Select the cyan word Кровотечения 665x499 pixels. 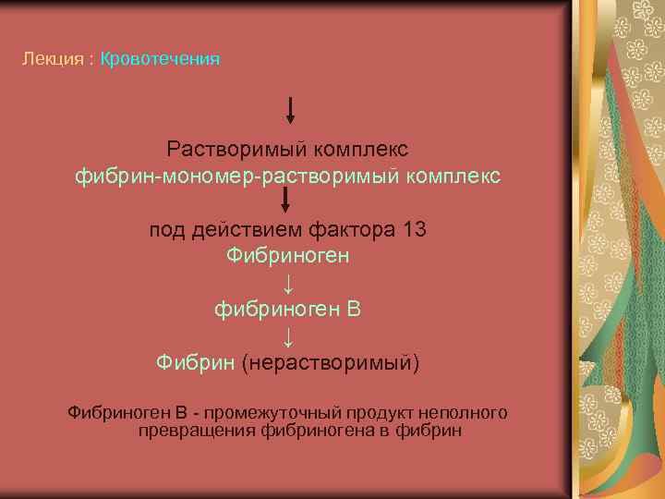160,59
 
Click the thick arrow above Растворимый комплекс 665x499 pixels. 290,110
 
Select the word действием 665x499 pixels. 242,230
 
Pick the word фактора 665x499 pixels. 349,230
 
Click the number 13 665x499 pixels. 415,230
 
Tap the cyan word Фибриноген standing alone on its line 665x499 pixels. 287,256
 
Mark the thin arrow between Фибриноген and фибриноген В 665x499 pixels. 287,282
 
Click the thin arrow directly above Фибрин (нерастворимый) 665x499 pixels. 287,334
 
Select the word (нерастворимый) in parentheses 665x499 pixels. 330,362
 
